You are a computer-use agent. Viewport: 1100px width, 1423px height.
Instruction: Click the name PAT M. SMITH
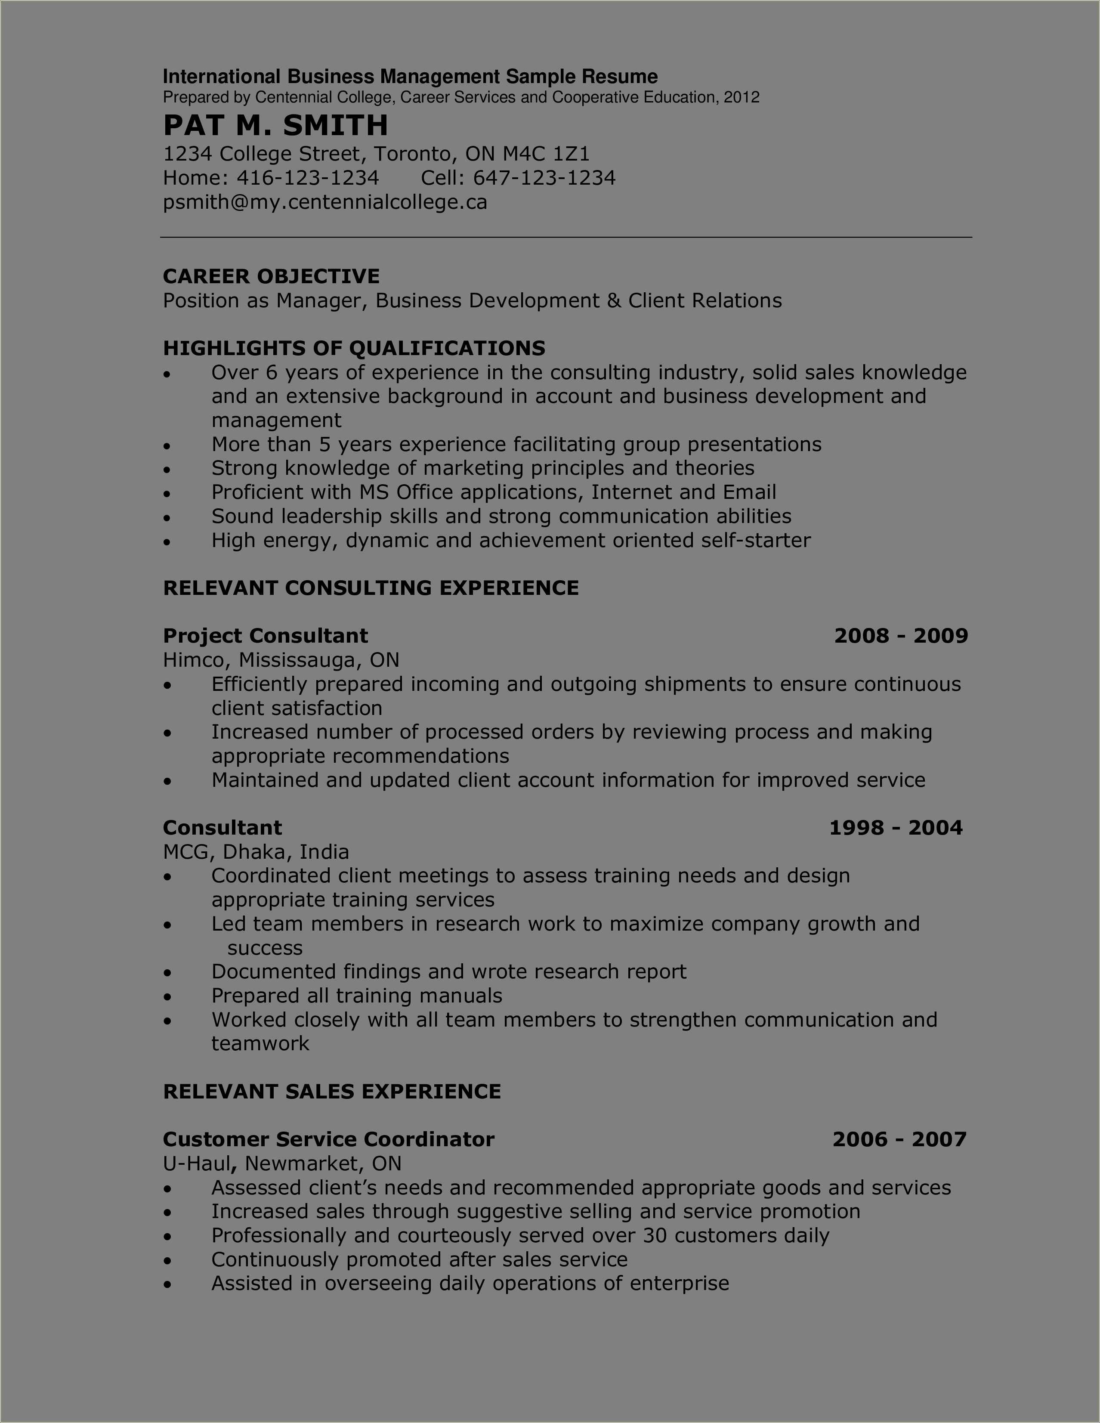point(275,125)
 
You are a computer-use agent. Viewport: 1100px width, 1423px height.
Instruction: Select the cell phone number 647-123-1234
point(544,178)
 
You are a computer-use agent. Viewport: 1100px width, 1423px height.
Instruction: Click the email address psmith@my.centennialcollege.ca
point(325,203)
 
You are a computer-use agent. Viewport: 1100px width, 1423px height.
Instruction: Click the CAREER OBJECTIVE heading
point(271,276)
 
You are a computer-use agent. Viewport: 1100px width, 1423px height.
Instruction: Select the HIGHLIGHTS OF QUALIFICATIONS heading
point(354,349)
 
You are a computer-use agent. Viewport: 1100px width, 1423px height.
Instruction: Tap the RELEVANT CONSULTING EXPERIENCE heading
point(371,588)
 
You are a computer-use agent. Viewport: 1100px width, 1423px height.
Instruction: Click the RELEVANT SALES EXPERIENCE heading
point(331,1092)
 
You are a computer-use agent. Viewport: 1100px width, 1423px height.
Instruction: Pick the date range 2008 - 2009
point(901,636)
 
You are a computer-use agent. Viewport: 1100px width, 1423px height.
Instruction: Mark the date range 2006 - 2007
point(899,1140)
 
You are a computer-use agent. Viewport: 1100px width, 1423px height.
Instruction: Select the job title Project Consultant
point(265,636)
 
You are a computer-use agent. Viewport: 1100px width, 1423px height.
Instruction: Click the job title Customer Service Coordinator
point(328,1140)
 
